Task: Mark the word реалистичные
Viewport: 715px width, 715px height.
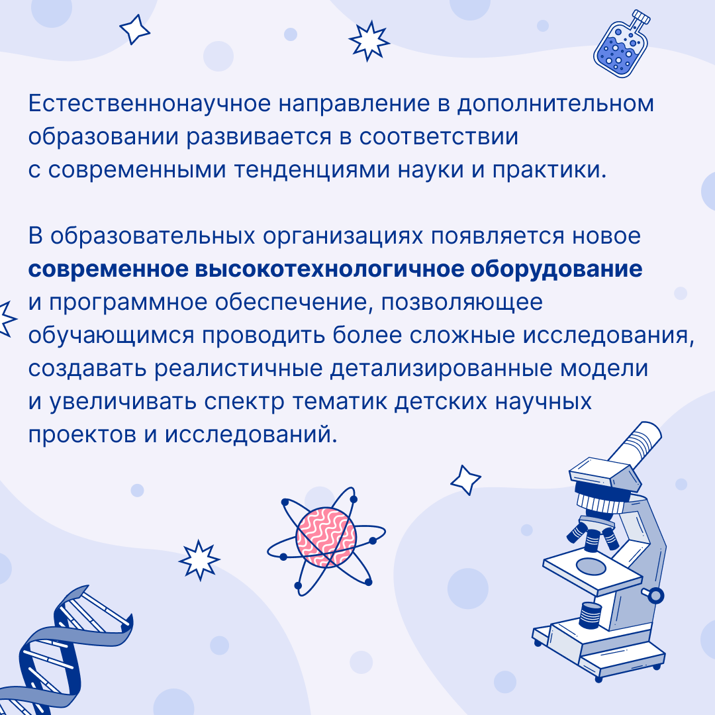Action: (238, 369)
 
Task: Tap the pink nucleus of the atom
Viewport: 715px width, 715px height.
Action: (326, 538)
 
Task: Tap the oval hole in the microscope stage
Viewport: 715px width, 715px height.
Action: (591, 566)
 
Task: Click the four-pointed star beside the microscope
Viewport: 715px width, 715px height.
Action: (465, 480)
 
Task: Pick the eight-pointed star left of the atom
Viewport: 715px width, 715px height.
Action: (199, 559)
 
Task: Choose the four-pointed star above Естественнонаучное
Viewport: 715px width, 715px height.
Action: (134, 30)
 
